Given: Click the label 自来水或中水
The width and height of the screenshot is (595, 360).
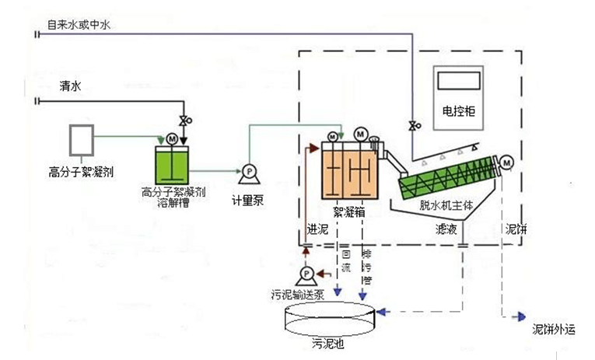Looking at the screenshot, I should [79, 26].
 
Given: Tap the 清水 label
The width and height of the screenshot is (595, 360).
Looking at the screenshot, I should [70, 87].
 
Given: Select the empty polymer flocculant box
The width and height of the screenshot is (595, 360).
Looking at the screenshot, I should [81, 140].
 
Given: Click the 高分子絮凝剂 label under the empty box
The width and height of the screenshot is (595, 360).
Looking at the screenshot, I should [82, 172].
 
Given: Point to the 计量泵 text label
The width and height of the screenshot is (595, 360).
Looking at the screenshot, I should [249, 200].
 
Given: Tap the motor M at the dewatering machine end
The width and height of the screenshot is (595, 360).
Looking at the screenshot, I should [507, 162].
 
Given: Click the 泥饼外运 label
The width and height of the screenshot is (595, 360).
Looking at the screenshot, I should [553, 329].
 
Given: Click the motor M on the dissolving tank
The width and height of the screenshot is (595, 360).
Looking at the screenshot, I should [172, 138].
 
